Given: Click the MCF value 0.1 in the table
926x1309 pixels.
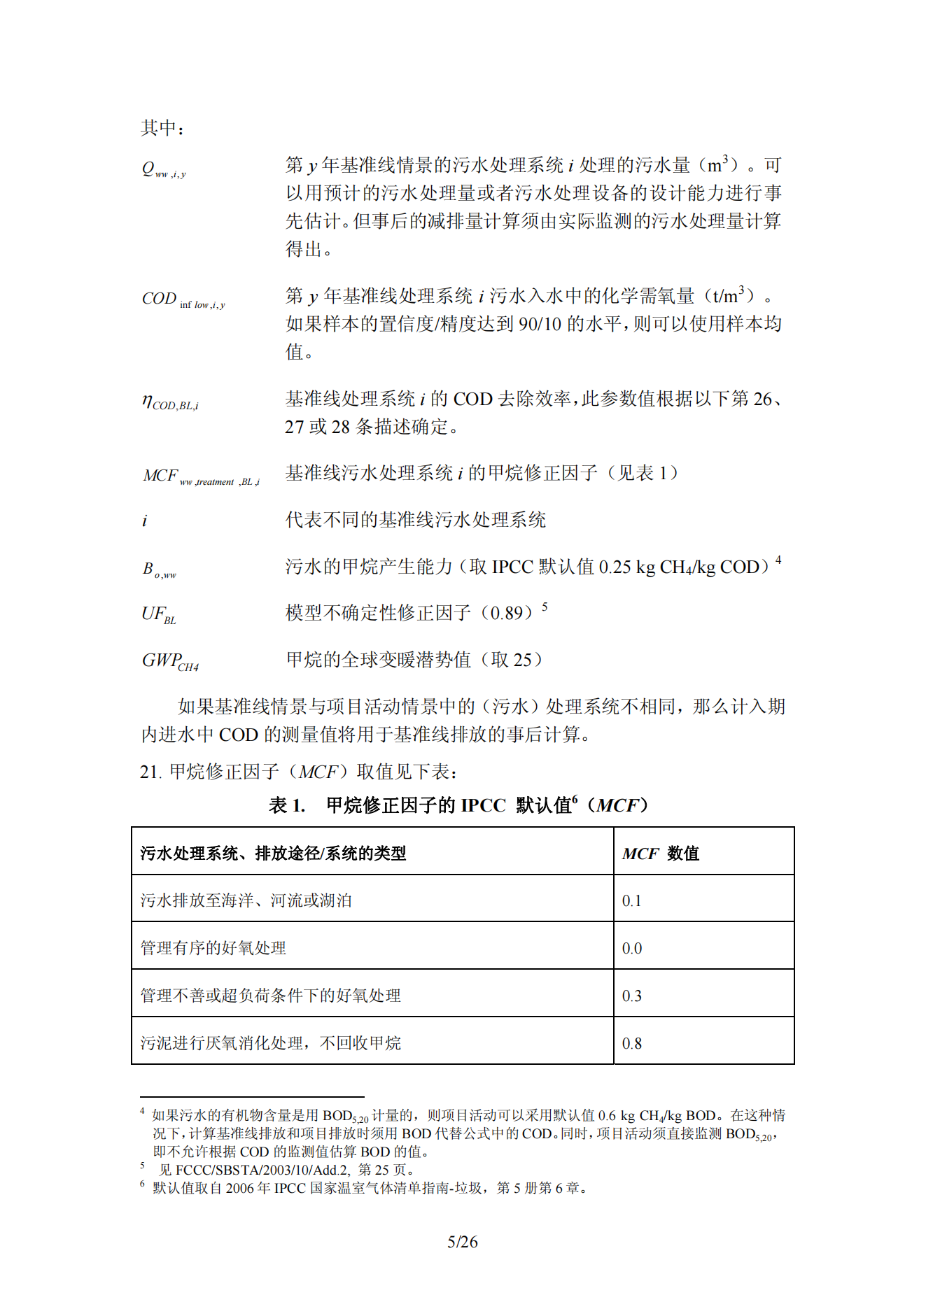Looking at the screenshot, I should click(x=631, y=900).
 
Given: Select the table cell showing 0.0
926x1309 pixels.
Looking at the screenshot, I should click(x=631, y=948).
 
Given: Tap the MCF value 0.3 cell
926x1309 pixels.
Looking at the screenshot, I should click(x=631, y=996).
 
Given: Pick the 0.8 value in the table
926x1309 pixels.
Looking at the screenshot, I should click(x=631, y=1043).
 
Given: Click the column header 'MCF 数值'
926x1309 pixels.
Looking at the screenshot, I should click(x=660, y=853).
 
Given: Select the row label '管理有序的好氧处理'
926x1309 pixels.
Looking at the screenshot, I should click(x=213, y=948).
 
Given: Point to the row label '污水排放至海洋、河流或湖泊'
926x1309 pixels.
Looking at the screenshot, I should click(x=246, y=900).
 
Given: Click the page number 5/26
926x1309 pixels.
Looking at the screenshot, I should click(x=463, y=1242).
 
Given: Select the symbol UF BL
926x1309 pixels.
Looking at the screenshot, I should click(x=159, y=615).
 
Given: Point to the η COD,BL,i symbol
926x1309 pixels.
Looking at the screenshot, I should click(x=170, y=402).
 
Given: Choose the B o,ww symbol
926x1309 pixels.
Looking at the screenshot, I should click(x=160, y=569).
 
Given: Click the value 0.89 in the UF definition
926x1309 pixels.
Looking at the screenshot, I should click(x=506, y=614).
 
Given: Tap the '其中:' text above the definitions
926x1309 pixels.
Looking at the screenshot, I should click(x=162, y=128).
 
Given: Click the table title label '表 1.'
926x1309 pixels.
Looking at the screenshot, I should click(x=287, y=805).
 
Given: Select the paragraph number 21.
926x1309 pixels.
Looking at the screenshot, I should click(x=150, y=772).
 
